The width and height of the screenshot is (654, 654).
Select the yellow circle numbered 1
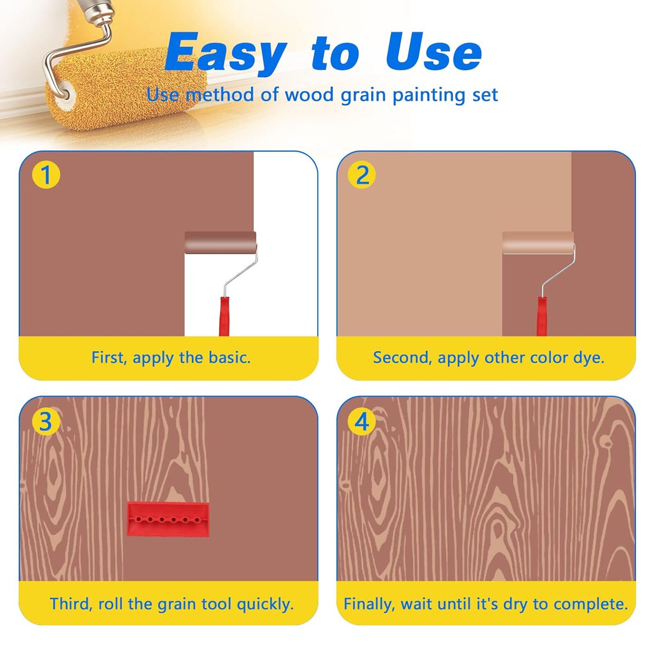tap(46, 175)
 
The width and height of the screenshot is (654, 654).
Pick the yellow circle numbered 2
tap(362, 175)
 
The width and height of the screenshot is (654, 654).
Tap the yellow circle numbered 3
tap(46, 421)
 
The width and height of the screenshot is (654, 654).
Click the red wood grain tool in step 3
tap(168, 519)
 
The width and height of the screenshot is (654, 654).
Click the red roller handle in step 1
tap(224, 316)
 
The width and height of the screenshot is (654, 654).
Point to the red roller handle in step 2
tap(542, 316)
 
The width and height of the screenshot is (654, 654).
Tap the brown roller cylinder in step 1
tap(220, 242)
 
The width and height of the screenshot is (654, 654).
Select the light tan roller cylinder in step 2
tap(538, 242)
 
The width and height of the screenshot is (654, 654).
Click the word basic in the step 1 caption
tap(229, 358)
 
